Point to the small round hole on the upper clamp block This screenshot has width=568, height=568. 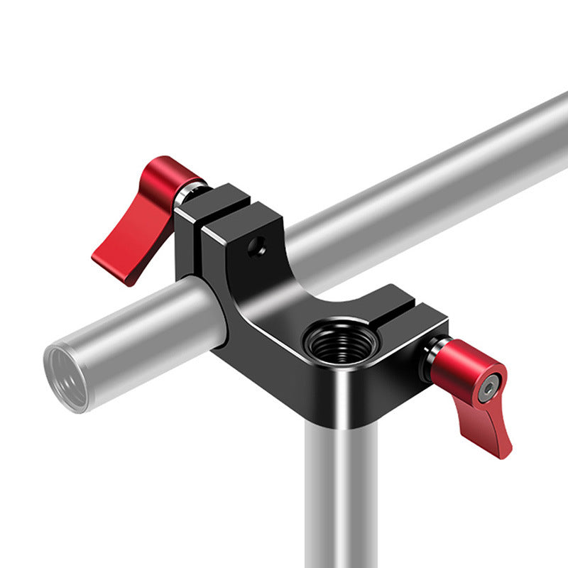(256, 246)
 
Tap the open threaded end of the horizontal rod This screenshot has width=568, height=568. (65, 376)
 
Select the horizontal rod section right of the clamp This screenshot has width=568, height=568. (426, 192)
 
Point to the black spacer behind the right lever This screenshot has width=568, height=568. (430, 359)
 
